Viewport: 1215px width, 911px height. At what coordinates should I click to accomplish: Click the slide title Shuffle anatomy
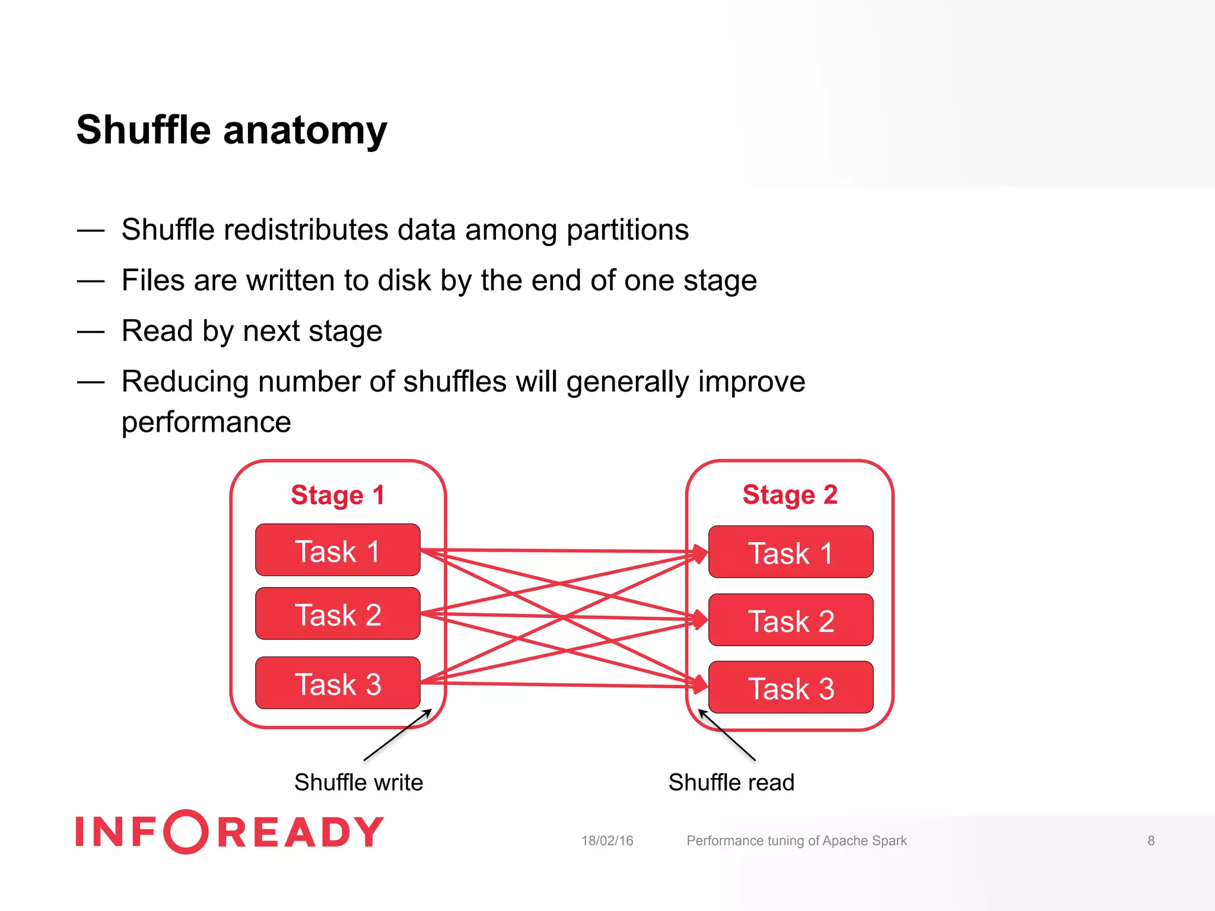231,130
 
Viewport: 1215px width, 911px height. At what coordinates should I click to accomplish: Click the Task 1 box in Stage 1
338,550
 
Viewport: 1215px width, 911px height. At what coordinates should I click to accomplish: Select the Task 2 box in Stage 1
338,614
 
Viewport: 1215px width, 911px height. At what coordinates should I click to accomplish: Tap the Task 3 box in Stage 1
338,683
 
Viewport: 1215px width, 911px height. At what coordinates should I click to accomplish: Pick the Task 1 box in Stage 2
790,552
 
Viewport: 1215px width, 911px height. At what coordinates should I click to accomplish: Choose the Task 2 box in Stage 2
790,620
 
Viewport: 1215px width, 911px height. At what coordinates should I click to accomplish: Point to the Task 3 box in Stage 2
790,688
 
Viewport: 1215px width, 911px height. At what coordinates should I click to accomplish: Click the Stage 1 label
338,495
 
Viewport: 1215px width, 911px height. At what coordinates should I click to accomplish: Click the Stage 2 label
790,495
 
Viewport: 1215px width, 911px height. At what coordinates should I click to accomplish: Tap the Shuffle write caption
358,782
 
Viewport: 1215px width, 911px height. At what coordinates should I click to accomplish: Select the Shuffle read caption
731,782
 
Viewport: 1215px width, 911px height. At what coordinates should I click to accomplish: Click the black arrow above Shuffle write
397,735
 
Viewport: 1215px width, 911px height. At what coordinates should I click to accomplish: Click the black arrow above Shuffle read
727,735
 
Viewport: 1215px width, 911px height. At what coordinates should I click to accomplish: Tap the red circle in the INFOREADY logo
186,832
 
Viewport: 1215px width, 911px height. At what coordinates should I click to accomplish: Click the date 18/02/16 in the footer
607,840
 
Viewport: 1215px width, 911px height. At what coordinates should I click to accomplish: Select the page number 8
1150,840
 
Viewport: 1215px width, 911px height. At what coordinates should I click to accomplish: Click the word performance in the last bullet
206,423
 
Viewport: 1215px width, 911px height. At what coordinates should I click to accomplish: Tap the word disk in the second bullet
404,280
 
